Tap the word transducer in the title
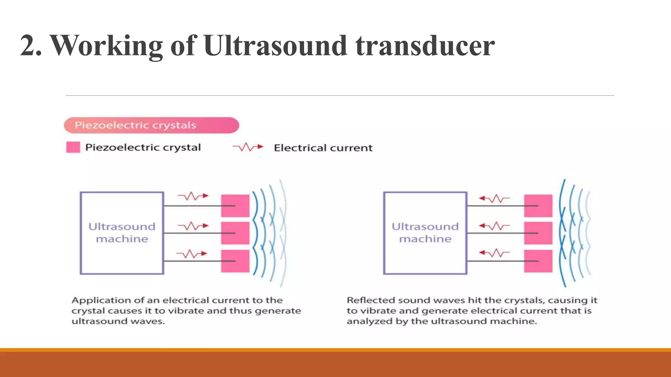pos(425,46)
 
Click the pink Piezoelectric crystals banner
pos(151,125)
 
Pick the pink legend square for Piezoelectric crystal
pos(73,147)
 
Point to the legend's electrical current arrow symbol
pos(248,147)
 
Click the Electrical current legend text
pos(323,148)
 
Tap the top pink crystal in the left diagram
pos(235,206)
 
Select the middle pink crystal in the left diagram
pos(235,233)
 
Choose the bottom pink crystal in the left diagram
pos(235,261)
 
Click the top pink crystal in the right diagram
pos(538,206)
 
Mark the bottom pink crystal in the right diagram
pos(538,261)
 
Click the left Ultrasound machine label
pos(122,233)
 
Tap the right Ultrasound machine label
pos(425,233)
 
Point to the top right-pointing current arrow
pos(193,196)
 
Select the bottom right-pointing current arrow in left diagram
pos(192,254)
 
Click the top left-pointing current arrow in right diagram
pos(494,198)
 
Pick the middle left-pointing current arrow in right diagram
pos(494,226)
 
